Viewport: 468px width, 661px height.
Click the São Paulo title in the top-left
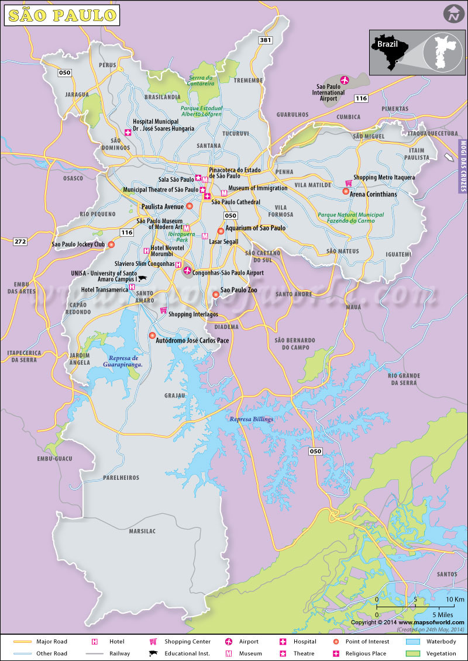click(x=61, y=15)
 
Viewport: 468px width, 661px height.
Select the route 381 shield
click(x=266, y=40)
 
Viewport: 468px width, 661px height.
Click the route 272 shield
click(x=20, y=241)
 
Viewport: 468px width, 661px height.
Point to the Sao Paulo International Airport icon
click(x=343, y=79)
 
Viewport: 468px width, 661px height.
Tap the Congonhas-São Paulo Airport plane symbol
click(x=187, y=270)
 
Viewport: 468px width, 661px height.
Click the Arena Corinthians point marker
click(x=346, y=191)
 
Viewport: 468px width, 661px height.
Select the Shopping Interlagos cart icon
click(x=163, y=310)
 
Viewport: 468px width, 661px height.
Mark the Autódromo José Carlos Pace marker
click(x=152, y=335)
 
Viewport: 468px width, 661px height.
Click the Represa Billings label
click(x=251, y=419)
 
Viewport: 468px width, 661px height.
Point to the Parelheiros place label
click(x=121, y=477)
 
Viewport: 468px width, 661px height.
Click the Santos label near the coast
click(x=447, y=574)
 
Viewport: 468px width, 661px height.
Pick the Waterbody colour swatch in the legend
click(x=414, y=641)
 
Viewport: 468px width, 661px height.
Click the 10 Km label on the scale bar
click(x=455, y=600)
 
